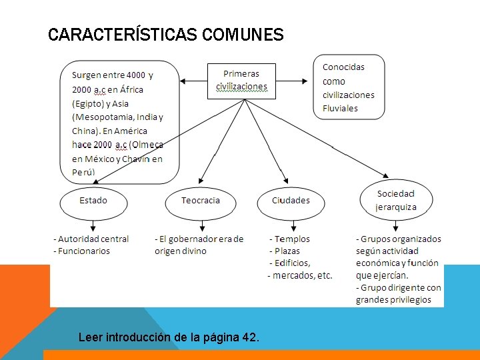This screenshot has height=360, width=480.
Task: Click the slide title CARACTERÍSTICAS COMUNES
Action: (166, 35)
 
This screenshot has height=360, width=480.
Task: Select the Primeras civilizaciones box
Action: (241, 80)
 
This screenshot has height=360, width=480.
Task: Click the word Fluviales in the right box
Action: (340, 108)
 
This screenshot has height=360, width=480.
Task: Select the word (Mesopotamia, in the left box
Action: (101, 117)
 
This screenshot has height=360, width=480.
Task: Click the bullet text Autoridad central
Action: (93, 239)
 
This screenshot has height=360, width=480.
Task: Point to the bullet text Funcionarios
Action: (84, 251)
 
